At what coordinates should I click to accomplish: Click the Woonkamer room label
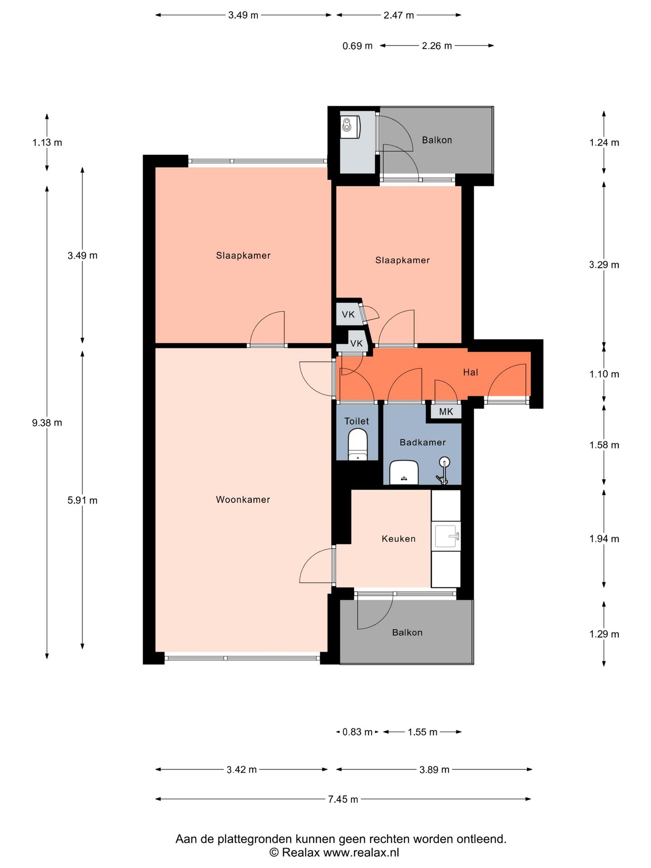(x=243, y=500)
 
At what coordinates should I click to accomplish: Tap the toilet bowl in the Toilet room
(x=358, y=444)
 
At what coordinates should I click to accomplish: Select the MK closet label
(x=446, y=412)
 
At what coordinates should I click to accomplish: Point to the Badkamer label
(x=423, y=442)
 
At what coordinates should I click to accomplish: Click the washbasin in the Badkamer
(x=404, y=472)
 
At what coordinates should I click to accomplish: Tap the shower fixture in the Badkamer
(x=443, y=470)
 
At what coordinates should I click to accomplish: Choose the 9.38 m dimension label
(x=47, y=423)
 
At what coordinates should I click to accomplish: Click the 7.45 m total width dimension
(x=343, y=799)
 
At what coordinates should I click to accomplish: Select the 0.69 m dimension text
(x=358, y=46)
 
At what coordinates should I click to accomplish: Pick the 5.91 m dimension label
(x=83, y=500)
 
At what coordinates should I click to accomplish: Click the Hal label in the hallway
(x=471, y=372)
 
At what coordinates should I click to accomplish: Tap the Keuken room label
(x=398, y=538)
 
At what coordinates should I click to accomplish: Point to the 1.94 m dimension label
(x=604, y=538)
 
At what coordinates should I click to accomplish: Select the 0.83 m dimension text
(x=358, y=732)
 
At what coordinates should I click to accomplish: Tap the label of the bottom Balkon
(x=407, y=632)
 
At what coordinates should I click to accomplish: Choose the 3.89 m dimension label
(x=434, y=769)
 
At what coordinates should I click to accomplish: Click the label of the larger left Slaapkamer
(x=243, y=255)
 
